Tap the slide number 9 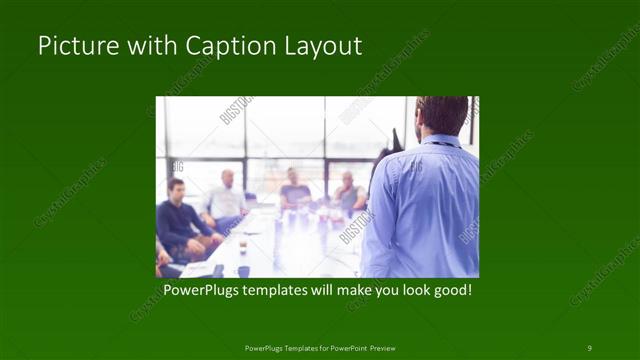pyautogui.click(x=589, y=347)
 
